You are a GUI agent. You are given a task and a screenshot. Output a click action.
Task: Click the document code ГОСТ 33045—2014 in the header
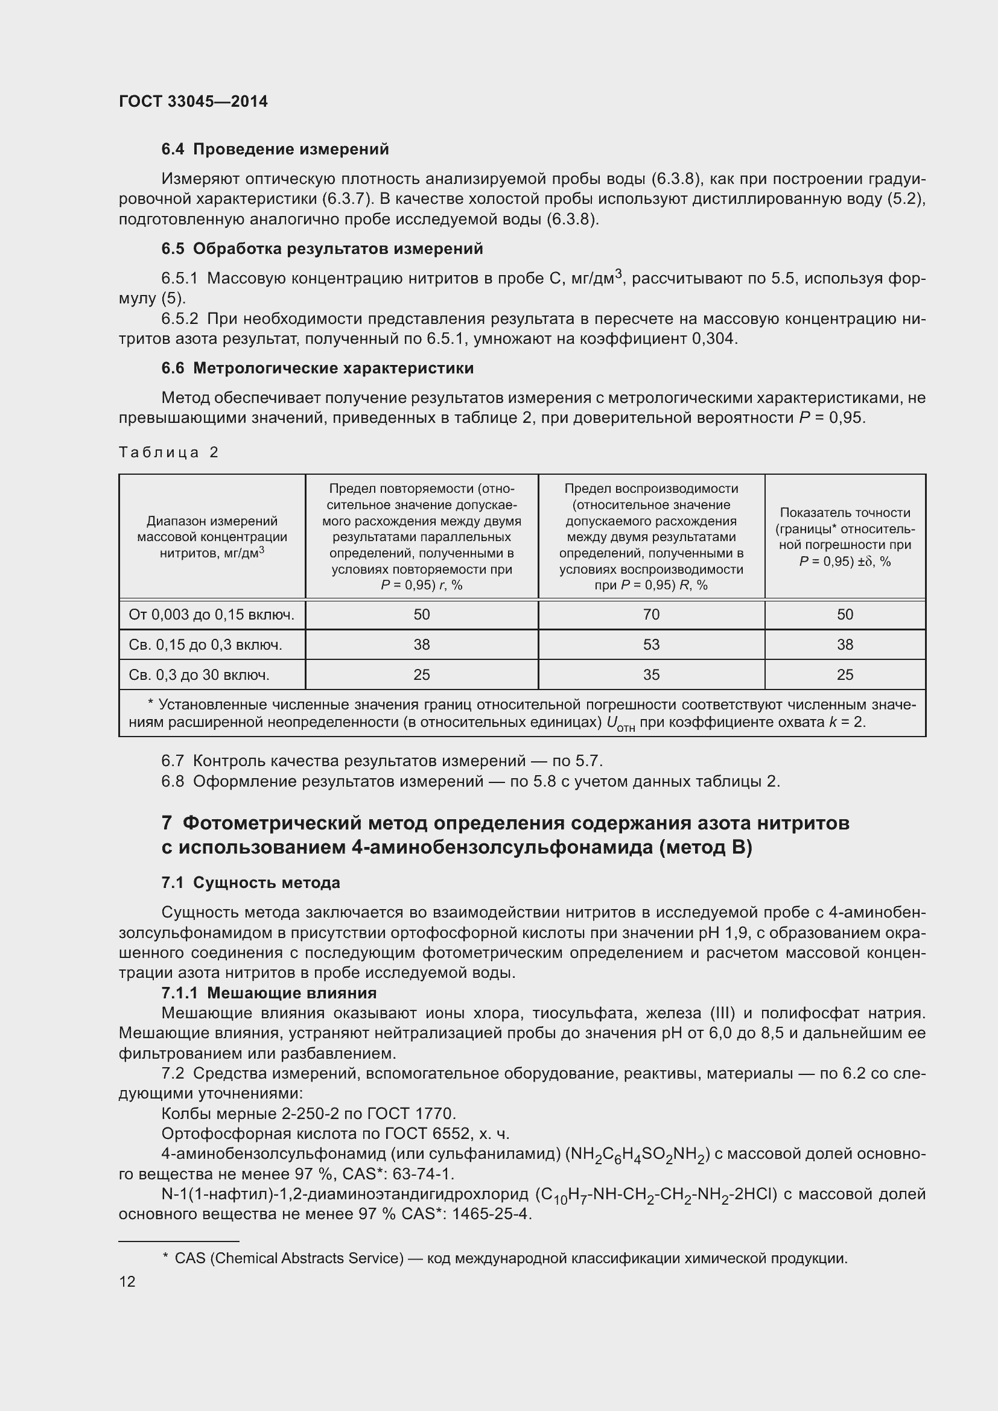coord(193,101)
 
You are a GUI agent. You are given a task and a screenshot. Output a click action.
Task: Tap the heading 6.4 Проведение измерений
coord(275,150)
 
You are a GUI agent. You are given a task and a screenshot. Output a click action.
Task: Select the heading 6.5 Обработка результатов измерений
coord(322,249)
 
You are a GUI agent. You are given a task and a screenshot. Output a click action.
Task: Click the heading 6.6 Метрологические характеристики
coord(317,368)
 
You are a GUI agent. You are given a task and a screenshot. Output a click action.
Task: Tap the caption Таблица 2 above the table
coord(168,452)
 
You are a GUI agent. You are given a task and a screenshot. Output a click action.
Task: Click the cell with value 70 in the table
coord(651,615)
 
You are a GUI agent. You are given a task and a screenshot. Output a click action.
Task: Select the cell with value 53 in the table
coord(651,645)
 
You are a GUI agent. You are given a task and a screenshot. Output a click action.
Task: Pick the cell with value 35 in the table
coord(651,675)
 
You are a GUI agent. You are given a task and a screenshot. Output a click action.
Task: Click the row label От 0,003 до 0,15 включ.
coord(211,615)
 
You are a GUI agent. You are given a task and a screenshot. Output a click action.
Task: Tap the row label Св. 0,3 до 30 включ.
coord(199,675)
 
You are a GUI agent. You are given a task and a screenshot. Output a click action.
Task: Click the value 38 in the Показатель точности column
coord(844,645)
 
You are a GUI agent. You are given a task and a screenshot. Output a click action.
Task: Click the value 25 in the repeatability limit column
coord(422,675)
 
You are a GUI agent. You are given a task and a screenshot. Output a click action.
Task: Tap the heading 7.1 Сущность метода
coord(250,883)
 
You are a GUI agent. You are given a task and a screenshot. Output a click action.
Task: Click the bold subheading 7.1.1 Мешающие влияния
coord(269,993)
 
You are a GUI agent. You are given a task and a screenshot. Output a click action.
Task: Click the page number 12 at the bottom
coord(127,1281)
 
